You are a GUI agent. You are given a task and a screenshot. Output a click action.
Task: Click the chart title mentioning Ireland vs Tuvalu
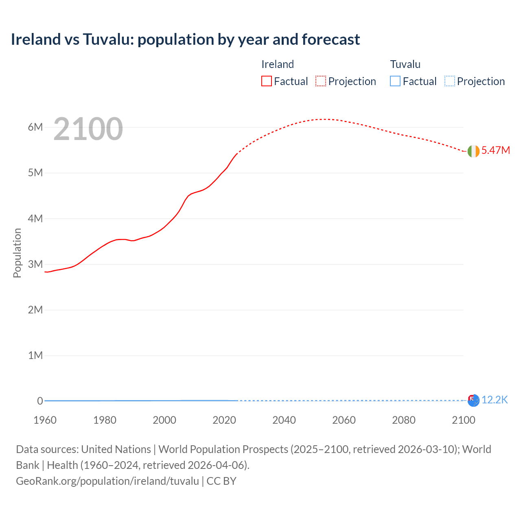pyautogui.click(x=185, y=39)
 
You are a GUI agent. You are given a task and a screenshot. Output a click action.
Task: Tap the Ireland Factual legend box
pyautogui.click(x=266, y=81)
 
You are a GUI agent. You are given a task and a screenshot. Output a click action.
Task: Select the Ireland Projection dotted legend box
pyautogui.click(x=321, y=81)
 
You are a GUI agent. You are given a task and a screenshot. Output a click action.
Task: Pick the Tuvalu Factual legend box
pyautogui.click(x=395, y=81)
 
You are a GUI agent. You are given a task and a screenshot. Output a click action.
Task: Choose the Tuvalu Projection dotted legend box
pyautogui.click(x=449, y=81)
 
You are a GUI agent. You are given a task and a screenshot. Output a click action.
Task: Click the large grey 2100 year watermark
pyautogui.click(x=88, y=129)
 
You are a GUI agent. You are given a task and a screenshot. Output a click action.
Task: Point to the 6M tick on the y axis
pyautogui.click(x=35, y=127)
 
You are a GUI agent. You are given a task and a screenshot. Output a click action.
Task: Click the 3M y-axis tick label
pyautogui.click(x=35, y=264)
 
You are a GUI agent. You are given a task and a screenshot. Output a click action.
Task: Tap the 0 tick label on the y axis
pyautogui.click(x=40, y=401)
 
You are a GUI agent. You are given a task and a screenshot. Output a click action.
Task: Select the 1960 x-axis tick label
pyautogui.click(x=45, y=420)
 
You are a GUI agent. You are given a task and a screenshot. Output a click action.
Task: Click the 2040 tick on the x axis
pyautogui.click(x=284, y=420)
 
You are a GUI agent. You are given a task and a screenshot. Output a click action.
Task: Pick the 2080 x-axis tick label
pyautogui.click(x=404, y=420)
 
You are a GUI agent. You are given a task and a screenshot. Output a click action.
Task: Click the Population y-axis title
pyautogui.click(x=17, y=253)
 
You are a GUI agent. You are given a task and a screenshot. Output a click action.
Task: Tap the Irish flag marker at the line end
pyautogui.click(x=473, y=151)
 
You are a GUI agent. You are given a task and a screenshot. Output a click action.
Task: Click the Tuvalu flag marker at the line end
pyautogui.click(x=473, y=401)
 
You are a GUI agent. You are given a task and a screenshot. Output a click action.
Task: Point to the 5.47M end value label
pyautogui.click(x=495, y=150)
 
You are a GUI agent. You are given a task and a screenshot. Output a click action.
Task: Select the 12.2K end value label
pyautogui.click(x=495, y=400)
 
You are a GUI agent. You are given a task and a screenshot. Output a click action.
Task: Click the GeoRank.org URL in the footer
pyautogui.click(x=107, y=481)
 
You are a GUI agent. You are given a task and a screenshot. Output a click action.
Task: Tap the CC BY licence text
pyautogui.click(x=221, y=481)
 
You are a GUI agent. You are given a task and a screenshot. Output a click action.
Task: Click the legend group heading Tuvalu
pyautogui.click(x=405, y=64)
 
